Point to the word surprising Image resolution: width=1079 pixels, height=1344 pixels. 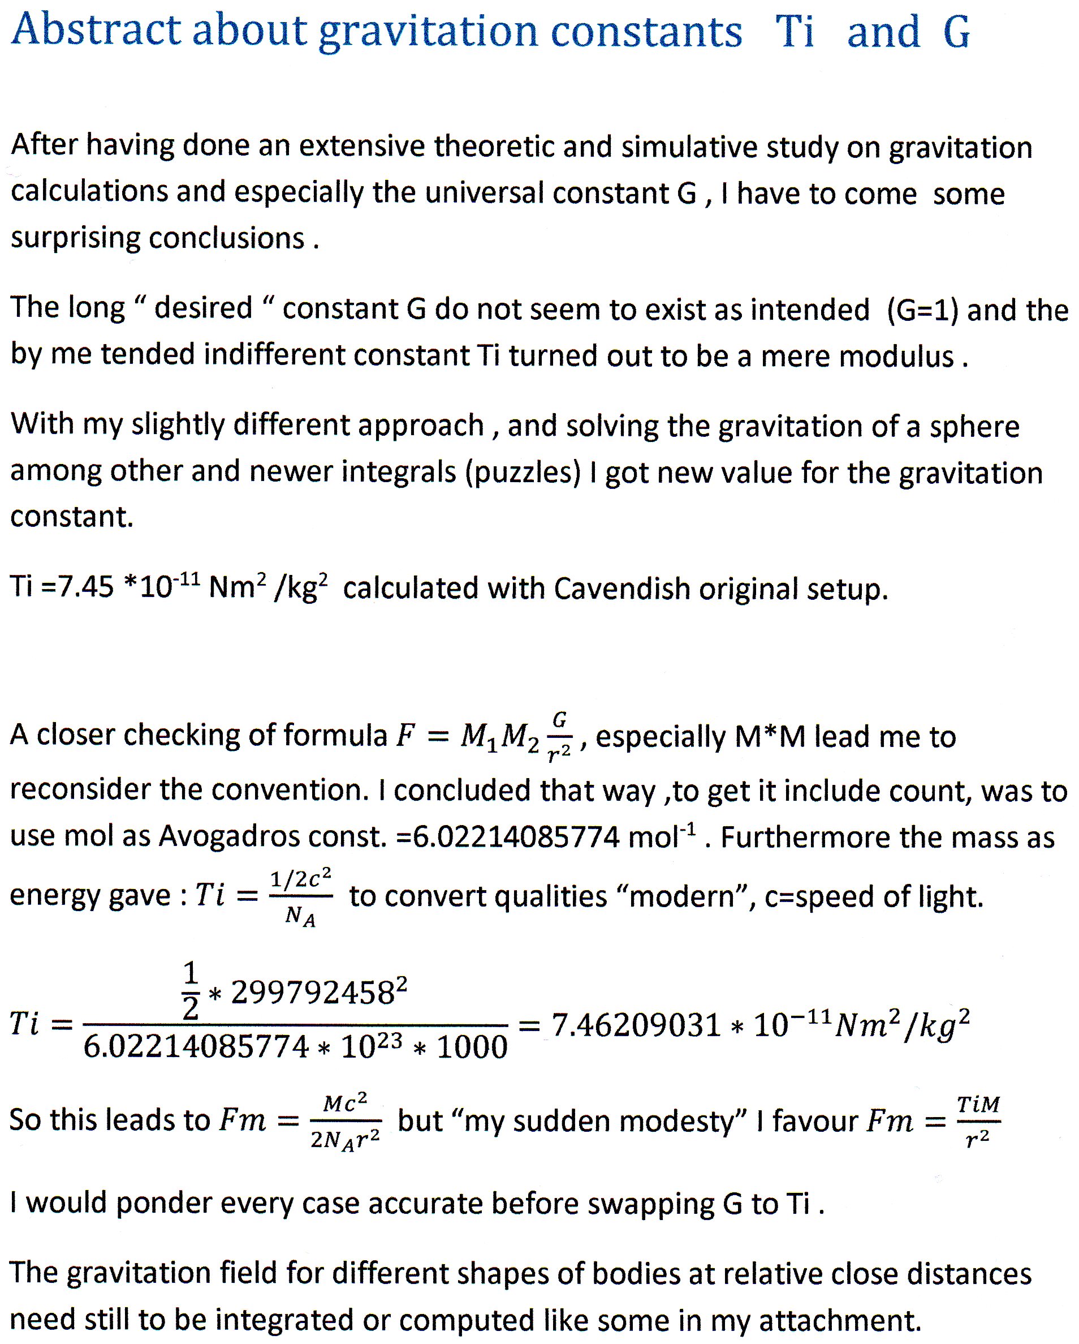75,239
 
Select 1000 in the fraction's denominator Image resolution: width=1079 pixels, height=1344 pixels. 472,1047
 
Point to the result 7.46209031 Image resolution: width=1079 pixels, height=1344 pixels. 636,1025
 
